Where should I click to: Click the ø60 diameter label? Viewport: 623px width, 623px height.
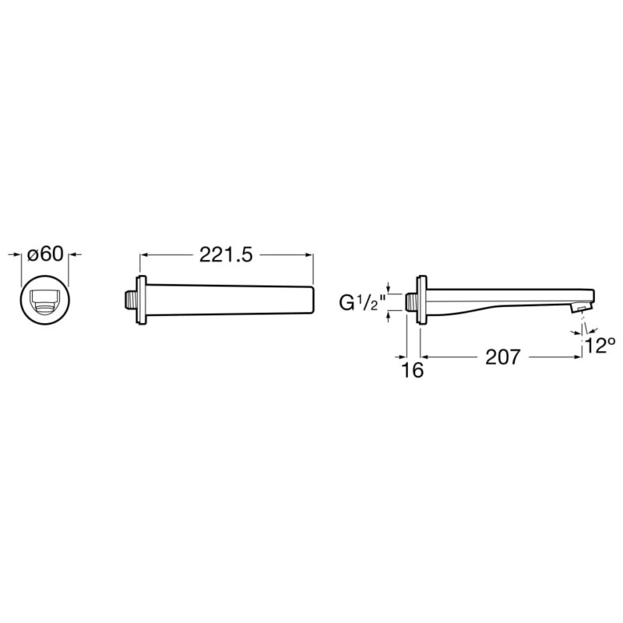click(45, 255)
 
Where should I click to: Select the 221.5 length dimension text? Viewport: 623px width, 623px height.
click(226, 255)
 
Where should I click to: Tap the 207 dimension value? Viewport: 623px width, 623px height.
click(502, 357)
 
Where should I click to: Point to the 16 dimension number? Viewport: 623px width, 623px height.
click(413, 371)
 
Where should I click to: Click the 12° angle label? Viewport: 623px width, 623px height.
click(600, 345)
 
